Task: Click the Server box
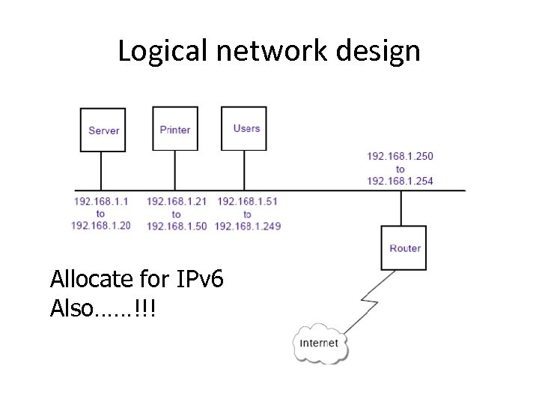pos(103,130)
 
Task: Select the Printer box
pos(175,129)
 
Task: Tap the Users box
pos(245,128)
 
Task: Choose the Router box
pos(405,248)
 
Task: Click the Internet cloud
pos(320,343)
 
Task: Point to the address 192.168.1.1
pos(101,201)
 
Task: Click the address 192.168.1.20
pos(101,225)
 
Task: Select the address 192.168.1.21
pos(176,201)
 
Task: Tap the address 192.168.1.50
pos(176,226)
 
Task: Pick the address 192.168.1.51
pos(247,201)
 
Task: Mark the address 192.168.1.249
pos(247,226)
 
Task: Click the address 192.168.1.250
pos(400,156)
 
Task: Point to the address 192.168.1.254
pos(400,181)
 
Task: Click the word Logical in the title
pos(155,51)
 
